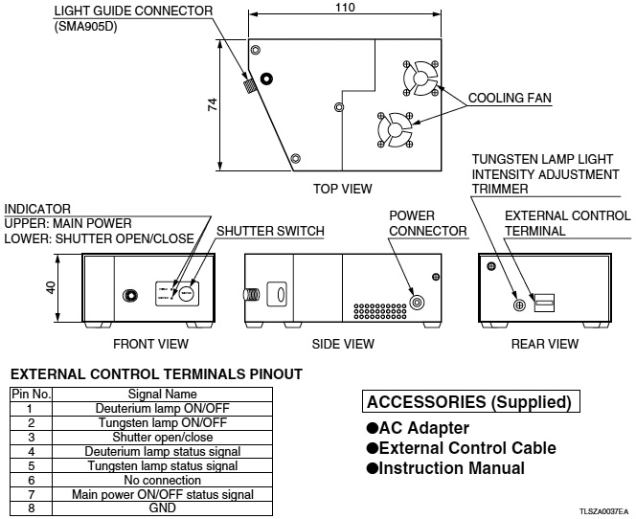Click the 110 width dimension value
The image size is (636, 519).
(x=345, y=9)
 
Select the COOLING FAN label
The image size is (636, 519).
(x=510, y=99)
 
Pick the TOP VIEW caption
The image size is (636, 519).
(x=342, y=189)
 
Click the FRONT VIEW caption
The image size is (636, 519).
(x=150, y=344)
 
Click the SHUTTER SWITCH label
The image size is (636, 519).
(x=270, y=231)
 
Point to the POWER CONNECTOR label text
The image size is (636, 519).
(x=427, y=223)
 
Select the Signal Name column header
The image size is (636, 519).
(x=163, y=394)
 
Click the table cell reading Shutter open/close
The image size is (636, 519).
(x=163, y=436)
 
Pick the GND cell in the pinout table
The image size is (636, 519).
(x=163, y=508)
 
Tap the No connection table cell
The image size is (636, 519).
(x=163, y=480)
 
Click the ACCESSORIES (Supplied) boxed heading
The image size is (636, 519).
(x=468, y=402)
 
